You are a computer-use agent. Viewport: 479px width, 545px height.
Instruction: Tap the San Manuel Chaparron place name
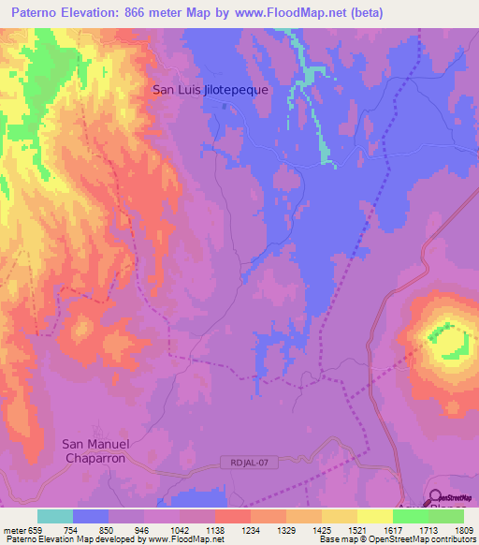pyautogui.click(x=94, y=450)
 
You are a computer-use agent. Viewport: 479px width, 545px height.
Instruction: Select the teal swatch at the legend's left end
pyautogui.click(x=55, y=516)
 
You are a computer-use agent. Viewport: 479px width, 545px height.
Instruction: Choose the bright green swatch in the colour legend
pyautogui.click(x=410, y=516)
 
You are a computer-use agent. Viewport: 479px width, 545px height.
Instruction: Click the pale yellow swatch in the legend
pyautogui.click(x=374, y=516)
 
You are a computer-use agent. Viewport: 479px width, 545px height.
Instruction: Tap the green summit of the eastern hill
pyautogui.click(x=447, y=339)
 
